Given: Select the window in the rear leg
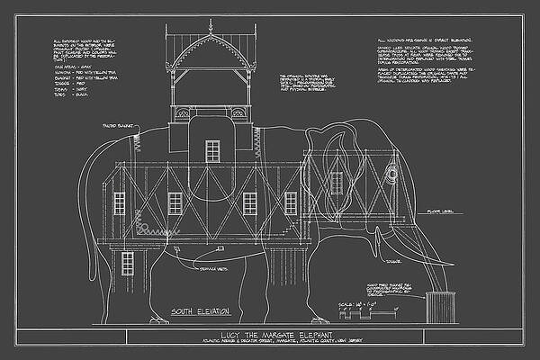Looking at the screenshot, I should (x=127, y=263).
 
